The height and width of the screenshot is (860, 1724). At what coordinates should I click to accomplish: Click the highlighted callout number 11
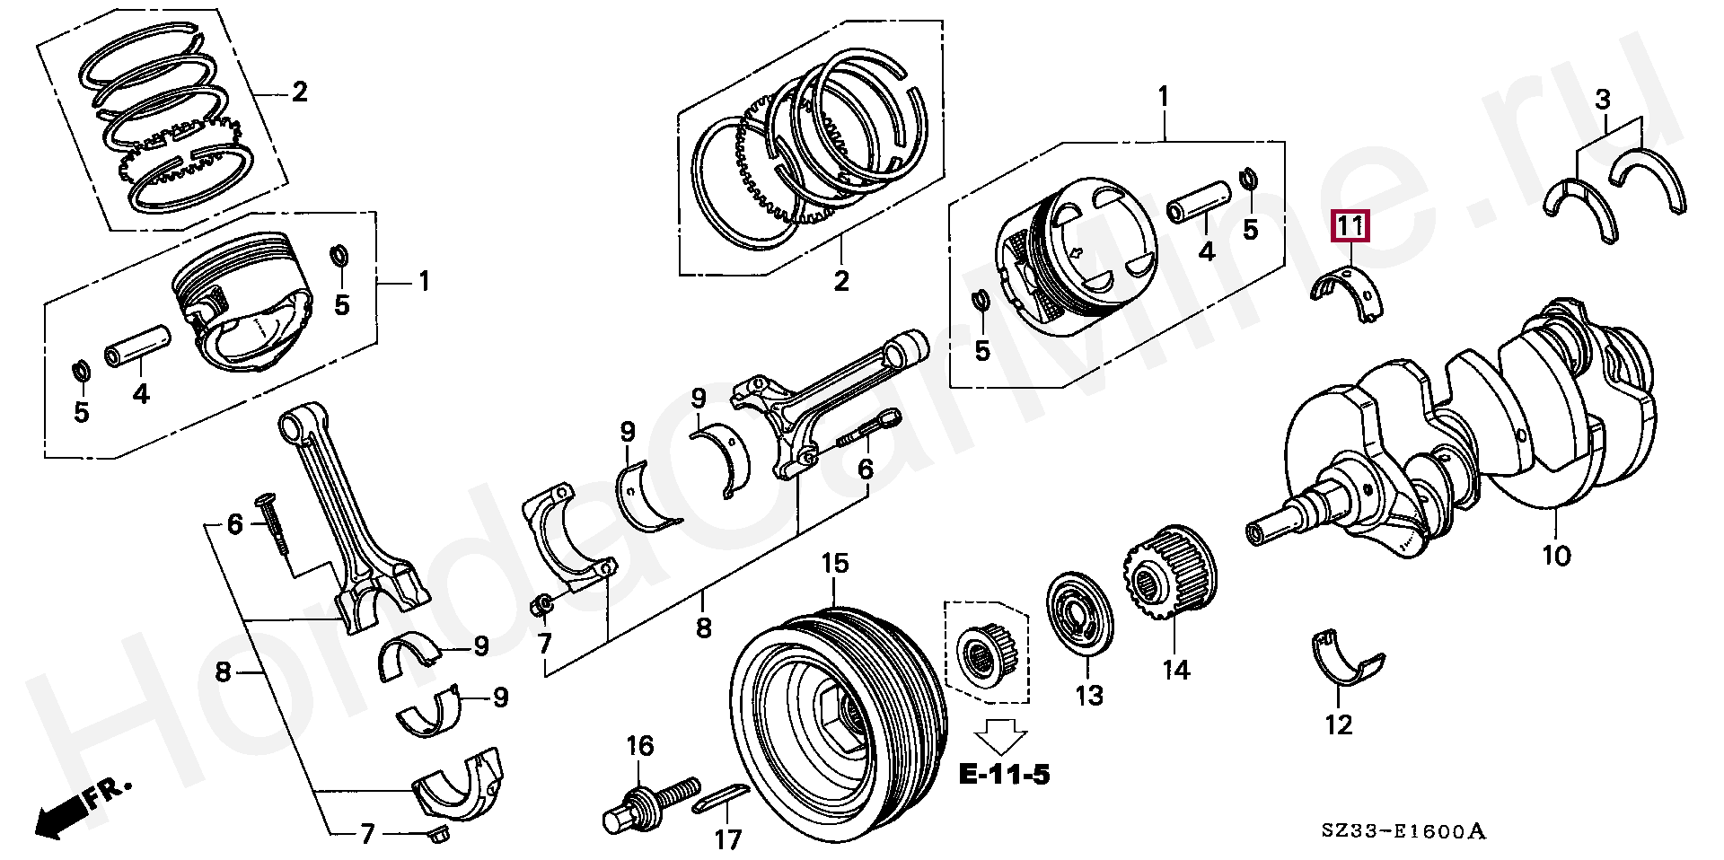(1350, 228)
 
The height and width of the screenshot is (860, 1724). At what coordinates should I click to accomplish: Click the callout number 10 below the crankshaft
(1557, 556)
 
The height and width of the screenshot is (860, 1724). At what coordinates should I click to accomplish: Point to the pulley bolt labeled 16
(651, 803)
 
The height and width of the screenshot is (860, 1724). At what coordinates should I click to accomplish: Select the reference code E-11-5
(1003, 774)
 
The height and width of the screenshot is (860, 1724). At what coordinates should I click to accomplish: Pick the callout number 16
(640, 746)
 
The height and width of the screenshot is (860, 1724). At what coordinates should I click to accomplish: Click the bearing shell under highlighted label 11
(1350, 295)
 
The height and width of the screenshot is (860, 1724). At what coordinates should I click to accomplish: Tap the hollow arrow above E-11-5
(1000, 735)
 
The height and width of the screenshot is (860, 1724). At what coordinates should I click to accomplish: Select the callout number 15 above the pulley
(834, 564)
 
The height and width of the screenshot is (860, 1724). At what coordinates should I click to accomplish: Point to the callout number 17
(728, 840)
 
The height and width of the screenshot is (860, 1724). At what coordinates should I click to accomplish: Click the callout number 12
(1338, 724)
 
